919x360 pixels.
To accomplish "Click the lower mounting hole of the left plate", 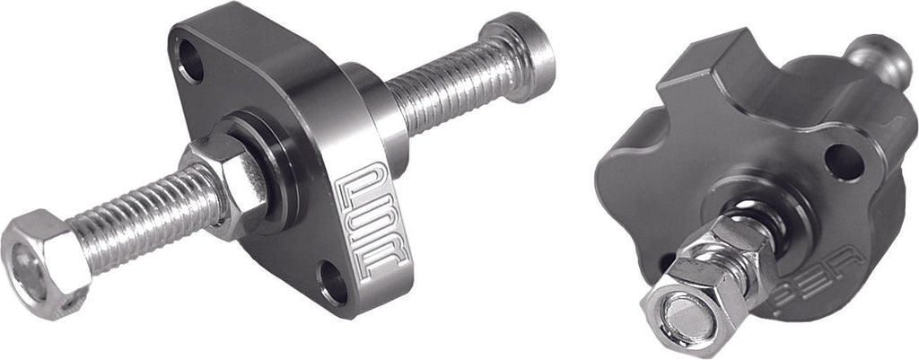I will (334, 282).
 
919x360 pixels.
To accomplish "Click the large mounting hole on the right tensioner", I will (845, 162).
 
